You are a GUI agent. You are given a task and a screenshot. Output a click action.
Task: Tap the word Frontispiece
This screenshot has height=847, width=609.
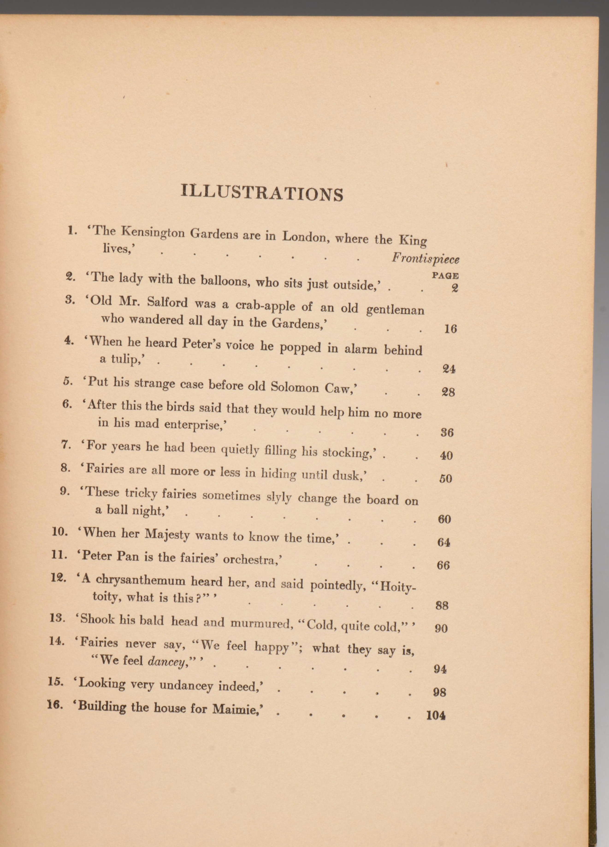[x=425, y=259]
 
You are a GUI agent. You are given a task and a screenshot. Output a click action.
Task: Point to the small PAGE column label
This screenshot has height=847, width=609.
[x=445, y=276]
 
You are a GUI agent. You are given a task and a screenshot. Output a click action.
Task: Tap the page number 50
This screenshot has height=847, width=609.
[x=446, y=478]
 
